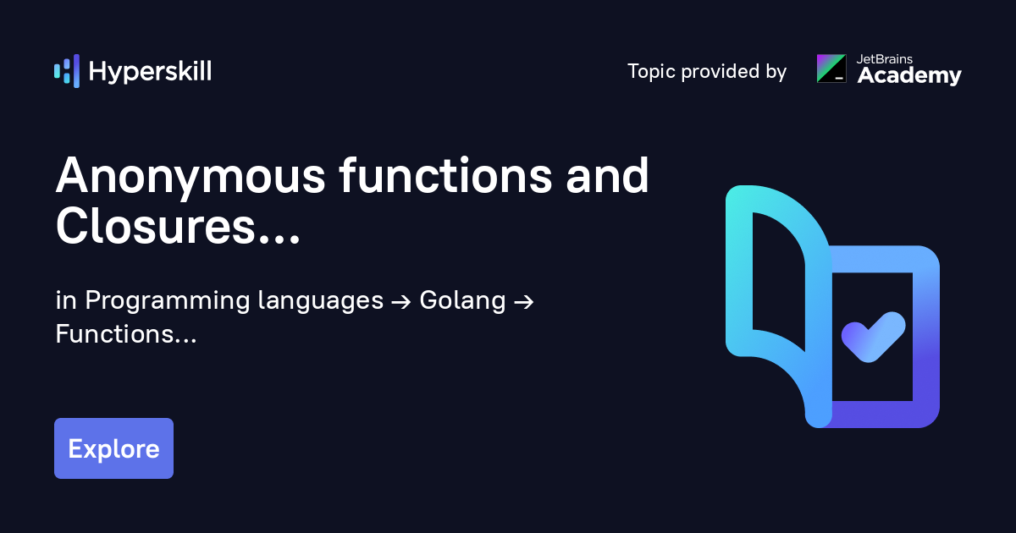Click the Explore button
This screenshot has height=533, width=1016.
(113, 448)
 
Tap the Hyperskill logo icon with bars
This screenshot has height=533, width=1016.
(67, 71)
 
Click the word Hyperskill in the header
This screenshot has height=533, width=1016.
(150, 72)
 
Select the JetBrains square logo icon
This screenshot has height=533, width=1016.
(831, 69)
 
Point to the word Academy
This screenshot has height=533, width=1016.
(909, 75)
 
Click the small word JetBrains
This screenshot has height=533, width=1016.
(884, 59)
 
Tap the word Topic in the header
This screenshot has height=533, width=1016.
(651, 72)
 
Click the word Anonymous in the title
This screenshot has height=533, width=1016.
(190, 176)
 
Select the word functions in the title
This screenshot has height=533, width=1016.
(445, 174)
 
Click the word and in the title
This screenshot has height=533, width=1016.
(607, 174)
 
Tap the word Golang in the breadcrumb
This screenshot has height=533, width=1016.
(462, 301)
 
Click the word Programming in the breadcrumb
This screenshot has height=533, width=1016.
(167, 301)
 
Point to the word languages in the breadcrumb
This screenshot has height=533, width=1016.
(321, 301)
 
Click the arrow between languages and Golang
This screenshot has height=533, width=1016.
(401, 302)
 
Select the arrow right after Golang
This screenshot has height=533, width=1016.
(523, 302)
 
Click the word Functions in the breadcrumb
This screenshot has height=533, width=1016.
(115, 334)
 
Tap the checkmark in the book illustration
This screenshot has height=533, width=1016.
(873, 337)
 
